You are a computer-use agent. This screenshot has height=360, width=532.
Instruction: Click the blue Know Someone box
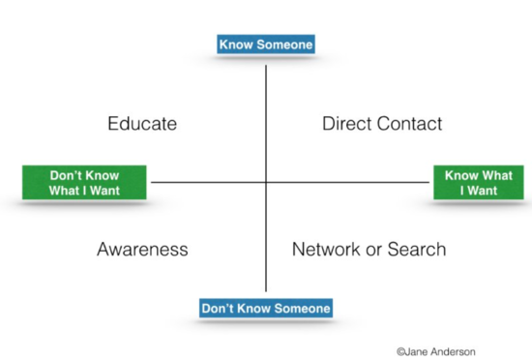tap(266, 45)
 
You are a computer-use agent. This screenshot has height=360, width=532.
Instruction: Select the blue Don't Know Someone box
tap(266, 308)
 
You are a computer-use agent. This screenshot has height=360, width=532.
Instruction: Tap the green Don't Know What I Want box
tap(84, 183)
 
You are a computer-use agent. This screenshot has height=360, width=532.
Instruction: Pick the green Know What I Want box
tap(478, 183)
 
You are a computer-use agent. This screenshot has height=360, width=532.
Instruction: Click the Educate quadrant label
tap(142, 124)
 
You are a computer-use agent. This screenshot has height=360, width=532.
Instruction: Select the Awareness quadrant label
tap(142, 250)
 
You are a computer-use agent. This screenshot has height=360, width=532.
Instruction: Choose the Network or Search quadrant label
tap(369, 250)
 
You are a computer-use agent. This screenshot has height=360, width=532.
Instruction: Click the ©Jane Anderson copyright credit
tap(435, 351)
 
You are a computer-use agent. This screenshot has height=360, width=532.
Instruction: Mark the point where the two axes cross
tap(266, 182)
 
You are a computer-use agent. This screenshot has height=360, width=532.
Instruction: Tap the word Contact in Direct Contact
tap(409, 124)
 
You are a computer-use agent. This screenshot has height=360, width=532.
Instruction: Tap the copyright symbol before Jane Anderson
tap(400, 351)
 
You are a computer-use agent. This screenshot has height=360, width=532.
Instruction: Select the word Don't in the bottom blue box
tap(218, 308)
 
